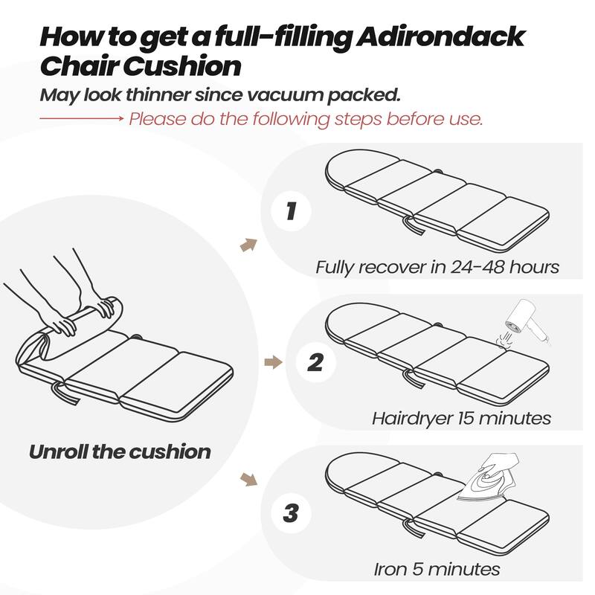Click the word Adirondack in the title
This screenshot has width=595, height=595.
click(440, 36)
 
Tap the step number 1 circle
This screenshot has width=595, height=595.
click(291, 211)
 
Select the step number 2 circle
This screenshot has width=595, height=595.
click(315, 362)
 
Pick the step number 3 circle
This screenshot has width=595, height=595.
click(291, 513)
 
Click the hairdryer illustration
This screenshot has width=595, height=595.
click(524, 323)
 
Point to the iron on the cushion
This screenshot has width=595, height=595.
click(488, 478)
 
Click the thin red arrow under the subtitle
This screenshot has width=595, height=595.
click(82, 119)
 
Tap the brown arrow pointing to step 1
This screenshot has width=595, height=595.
click(248, 245)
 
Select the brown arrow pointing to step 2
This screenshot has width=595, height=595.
click(273, 362)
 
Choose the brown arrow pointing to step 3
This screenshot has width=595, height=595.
click(248, 479)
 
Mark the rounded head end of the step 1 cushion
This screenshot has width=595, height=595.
click(361, 167)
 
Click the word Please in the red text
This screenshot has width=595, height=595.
click(157, 119)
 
